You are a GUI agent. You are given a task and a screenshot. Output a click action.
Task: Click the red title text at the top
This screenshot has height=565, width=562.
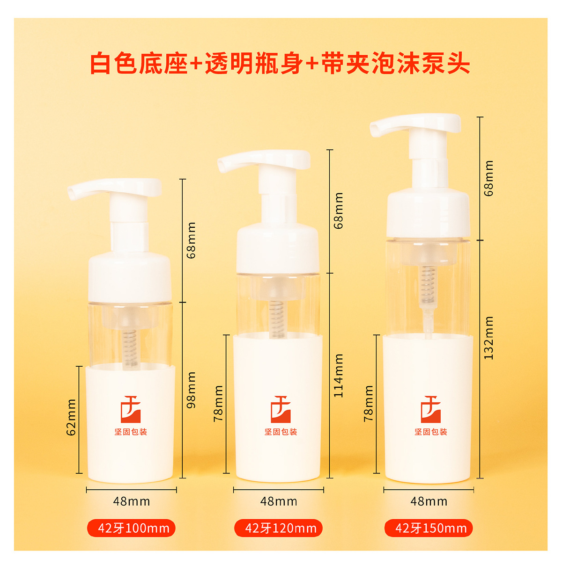click(280, 63)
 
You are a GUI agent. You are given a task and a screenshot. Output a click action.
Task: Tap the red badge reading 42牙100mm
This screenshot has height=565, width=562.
click(131, 528)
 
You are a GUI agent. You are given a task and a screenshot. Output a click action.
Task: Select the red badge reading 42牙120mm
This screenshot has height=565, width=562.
click(279, 528)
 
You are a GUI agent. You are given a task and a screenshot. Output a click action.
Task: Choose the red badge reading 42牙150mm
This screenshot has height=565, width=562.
click(429, 528)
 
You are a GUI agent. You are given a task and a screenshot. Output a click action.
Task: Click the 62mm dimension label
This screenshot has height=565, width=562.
click(71, 417)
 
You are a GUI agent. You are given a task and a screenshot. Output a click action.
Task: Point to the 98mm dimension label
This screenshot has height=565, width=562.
click(191, 390)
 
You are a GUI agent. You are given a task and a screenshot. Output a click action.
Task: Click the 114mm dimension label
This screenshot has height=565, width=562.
click(338, 376)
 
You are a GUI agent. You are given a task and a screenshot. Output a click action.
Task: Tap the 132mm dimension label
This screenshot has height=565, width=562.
click(488, 338)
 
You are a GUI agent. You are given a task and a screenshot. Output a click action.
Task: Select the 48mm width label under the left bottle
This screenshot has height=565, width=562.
click(132, 501)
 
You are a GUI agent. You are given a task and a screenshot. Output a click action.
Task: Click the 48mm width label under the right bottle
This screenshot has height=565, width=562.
click(429, 501)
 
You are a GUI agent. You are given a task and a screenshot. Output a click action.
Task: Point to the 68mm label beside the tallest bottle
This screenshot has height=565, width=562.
click(488, 178)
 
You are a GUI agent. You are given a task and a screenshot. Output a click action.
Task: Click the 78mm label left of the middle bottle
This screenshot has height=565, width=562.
click(219, 404)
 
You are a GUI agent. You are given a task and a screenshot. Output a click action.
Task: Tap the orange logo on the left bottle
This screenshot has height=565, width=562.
click(131, 409)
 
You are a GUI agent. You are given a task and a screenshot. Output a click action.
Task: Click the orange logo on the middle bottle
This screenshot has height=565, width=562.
click(281, 409)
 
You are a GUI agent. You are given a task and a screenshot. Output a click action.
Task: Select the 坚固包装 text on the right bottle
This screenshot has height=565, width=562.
click(430, 432)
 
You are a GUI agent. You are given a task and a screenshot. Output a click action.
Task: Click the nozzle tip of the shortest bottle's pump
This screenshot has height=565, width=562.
click(72, 193)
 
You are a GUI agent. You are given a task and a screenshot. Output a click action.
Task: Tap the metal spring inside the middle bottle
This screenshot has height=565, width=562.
click(277, 319)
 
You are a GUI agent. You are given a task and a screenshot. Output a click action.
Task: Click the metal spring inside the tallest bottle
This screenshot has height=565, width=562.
click(427, 285)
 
